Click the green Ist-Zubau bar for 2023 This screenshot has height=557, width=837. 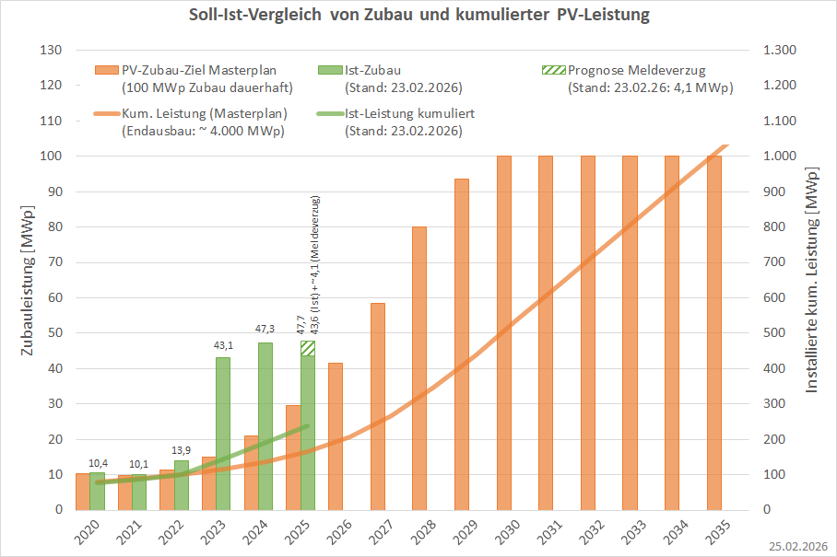223,433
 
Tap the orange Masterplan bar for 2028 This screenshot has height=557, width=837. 419,368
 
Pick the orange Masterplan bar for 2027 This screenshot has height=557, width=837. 377,406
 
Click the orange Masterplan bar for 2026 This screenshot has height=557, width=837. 335,436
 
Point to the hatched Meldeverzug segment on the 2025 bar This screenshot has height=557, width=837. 308,348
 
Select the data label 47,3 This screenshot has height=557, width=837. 265,329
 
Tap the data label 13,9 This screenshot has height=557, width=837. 183,450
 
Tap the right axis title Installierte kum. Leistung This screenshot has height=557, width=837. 813,280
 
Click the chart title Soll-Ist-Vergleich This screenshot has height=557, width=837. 418,16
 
